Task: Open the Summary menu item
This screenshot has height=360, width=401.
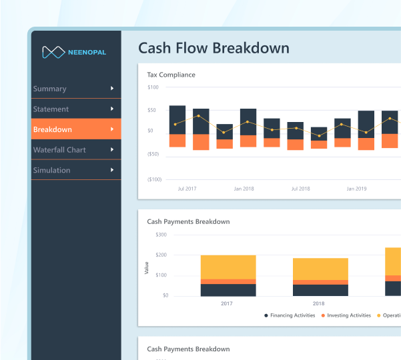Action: click(x=50, y=89)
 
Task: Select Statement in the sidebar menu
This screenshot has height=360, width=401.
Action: click(x=51, y=109)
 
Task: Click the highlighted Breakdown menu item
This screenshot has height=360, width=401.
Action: click(x=53, y=129)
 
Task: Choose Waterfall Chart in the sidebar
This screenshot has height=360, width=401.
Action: click(x=59, y=150)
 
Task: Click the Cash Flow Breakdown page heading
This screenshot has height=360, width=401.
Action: click(x=214, y=48)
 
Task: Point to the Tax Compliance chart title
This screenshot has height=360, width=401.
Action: click(x=171, y=75)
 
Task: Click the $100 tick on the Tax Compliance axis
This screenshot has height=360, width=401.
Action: click(x=153, y=87)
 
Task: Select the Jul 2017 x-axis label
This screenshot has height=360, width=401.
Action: click(x=187, y=189)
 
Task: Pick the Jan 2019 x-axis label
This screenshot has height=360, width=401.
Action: click(x=356, y=189)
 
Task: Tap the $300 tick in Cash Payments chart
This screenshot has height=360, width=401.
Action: click(x=161, y=235)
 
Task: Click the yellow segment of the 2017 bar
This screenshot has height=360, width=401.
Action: click(x=228, y=267)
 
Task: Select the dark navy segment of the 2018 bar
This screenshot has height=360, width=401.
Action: click(x=320, y=290)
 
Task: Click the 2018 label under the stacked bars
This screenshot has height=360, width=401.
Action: click(x=319, y=303)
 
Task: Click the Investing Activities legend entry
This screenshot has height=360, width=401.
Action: click(x=346, y=315)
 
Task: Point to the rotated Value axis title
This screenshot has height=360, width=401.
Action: click(x=147, y=269)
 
